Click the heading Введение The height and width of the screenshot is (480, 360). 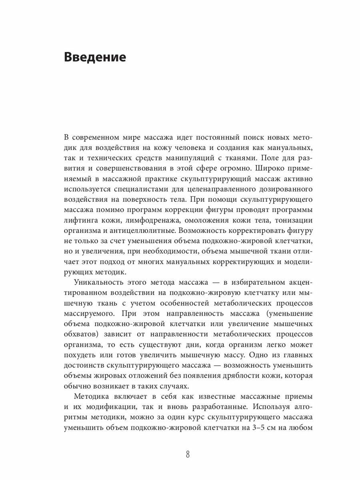(x=95, y=57)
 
